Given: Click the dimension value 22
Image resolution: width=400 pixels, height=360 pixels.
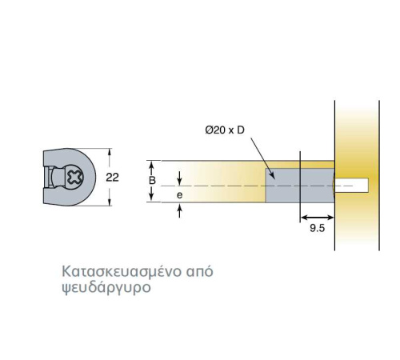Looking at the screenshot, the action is (112, 178).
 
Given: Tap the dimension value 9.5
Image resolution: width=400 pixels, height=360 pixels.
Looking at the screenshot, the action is (318, 228).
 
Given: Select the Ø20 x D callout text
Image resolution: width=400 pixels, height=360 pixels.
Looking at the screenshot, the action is (225, 130).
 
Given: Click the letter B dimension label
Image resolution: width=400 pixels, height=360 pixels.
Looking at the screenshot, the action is (152, 181).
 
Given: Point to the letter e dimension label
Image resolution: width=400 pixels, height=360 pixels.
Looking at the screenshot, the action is (180, 195).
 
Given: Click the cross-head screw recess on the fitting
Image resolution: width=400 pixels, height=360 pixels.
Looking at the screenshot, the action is (75, 177).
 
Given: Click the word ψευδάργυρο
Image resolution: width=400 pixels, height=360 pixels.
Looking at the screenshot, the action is (106, 288).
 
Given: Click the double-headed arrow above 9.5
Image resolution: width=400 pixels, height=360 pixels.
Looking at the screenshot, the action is (318, 218).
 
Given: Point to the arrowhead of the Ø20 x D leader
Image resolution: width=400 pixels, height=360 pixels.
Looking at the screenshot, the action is (273, 175).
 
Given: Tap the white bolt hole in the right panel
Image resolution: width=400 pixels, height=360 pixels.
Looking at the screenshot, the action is (351, 186).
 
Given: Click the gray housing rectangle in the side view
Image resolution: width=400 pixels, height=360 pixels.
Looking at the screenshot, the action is (300, 186).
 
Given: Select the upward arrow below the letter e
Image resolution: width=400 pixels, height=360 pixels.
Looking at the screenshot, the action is (180, 210).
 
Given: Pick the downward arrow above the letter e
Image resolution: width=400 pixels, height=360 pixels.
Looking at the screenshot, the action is (180, 178).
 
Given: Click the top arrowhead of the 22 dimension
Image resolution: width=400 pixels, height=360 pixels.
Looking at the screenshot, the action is (110, 152).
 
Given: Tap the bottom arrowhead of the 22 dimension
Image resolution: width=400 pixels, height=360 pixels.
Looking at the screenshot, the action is (110, 202).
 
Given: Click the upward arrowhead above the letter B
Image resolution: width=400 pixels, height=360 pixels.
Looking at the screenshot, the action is (151, 166).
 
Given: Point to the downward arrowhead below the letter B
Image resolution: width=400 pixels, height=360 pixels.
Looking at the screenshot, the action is (151, 198).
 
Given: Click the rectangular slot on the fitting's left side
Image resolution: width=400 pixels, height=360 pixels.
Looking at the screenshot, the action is (48, 177).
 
